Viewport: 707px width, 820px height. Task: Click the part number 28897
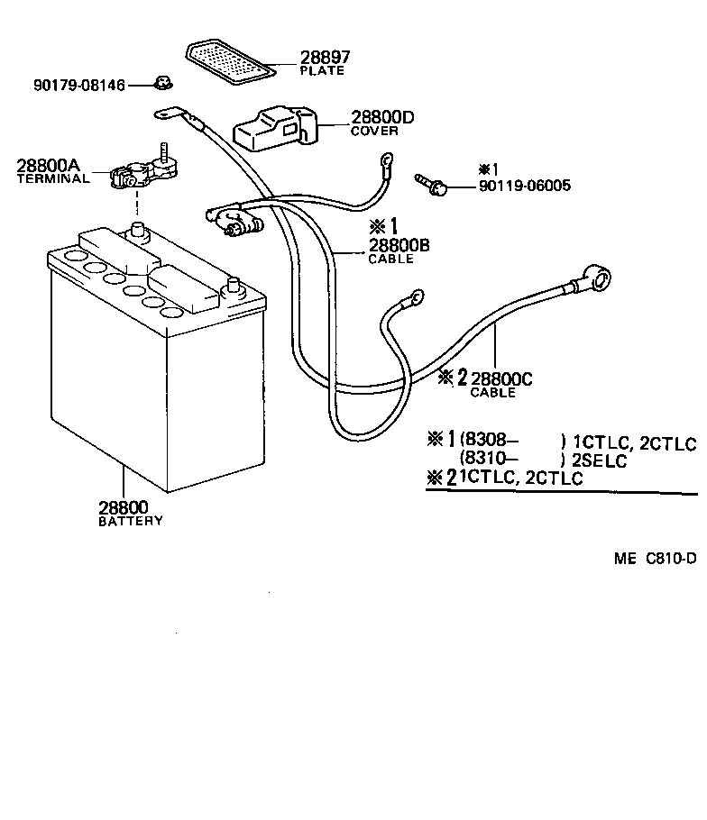click(325, 58)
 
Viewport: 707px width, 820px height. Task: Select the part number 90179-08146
click(78, 86)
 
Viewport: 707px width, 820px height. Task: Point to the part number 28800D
click(382, 117)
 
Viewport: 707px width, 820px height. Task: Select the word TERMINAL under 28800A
click(53, 178)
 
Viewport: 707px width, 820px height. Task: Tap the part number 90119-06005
click(524, 187)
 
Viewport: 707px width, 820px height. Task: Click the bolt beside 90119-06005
click(430, 186)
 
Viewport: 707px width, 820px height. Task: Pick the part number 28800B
click(398, 245)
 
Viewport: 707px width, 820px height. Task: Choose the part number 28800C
click(501, 378)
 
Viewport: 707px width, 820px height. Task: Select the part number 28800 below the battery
click(123, 507)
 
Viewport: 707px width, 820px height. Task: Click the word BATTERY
click(131, 521)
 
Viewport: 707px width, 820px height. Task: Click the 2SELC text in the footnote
click(600, 461)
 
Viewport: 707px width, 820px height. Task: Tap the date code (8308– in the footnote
click(489, 441)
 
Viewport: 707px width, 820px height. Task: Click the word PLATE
click(321, 71)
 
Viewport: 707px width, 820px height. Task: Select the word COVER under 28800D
click(374, 132)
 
